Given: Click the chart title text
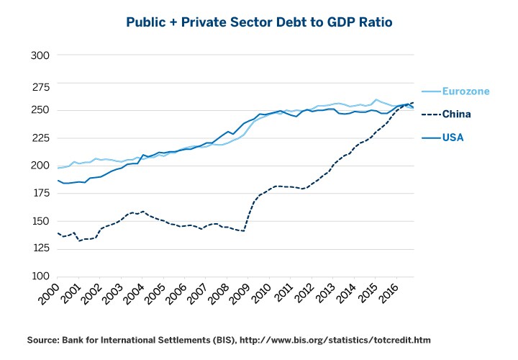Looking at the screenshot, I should [x=259, y=22].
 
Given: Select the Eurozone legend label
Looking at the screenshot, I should [x=465, y=91].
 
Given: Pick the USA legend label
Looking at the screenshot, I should [x=453, y=136].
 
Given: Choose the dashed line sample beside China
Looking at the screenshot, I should [x=430, y=114].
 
